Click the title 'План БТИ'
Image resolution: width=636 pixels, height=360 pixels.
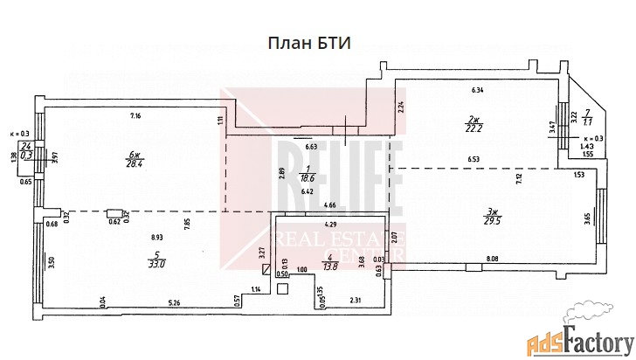[308, 45]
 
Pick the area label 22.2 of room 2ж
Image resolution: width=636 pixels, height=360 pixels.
[477, 129]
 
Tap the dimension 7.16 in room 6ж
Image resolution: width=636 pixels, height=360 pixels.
[135, 117]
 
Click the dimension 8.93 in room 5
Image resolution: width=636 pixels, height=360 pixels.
[157, 237]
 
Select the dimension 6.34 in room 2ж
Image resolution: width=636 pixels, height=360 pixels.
[477, 90]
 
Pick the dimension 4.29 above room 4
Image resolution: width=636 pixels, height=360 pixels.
[332, 224]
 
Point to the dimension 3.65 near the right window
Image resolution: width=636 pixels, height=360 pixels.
[587, 216]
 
